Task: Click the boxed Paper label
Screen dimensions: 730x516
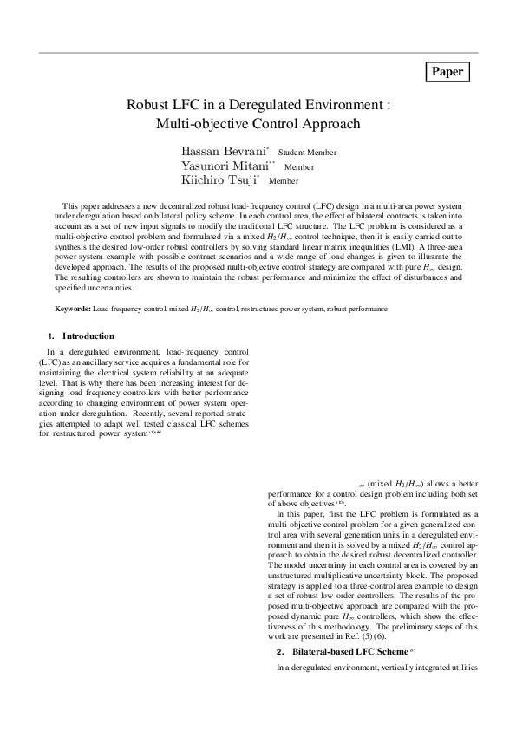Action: click(447, 72)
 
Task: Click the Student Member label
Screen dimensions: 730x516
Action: click(307, 153)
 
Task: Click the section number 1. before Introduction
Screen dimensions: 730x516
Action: click(51, 336)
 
